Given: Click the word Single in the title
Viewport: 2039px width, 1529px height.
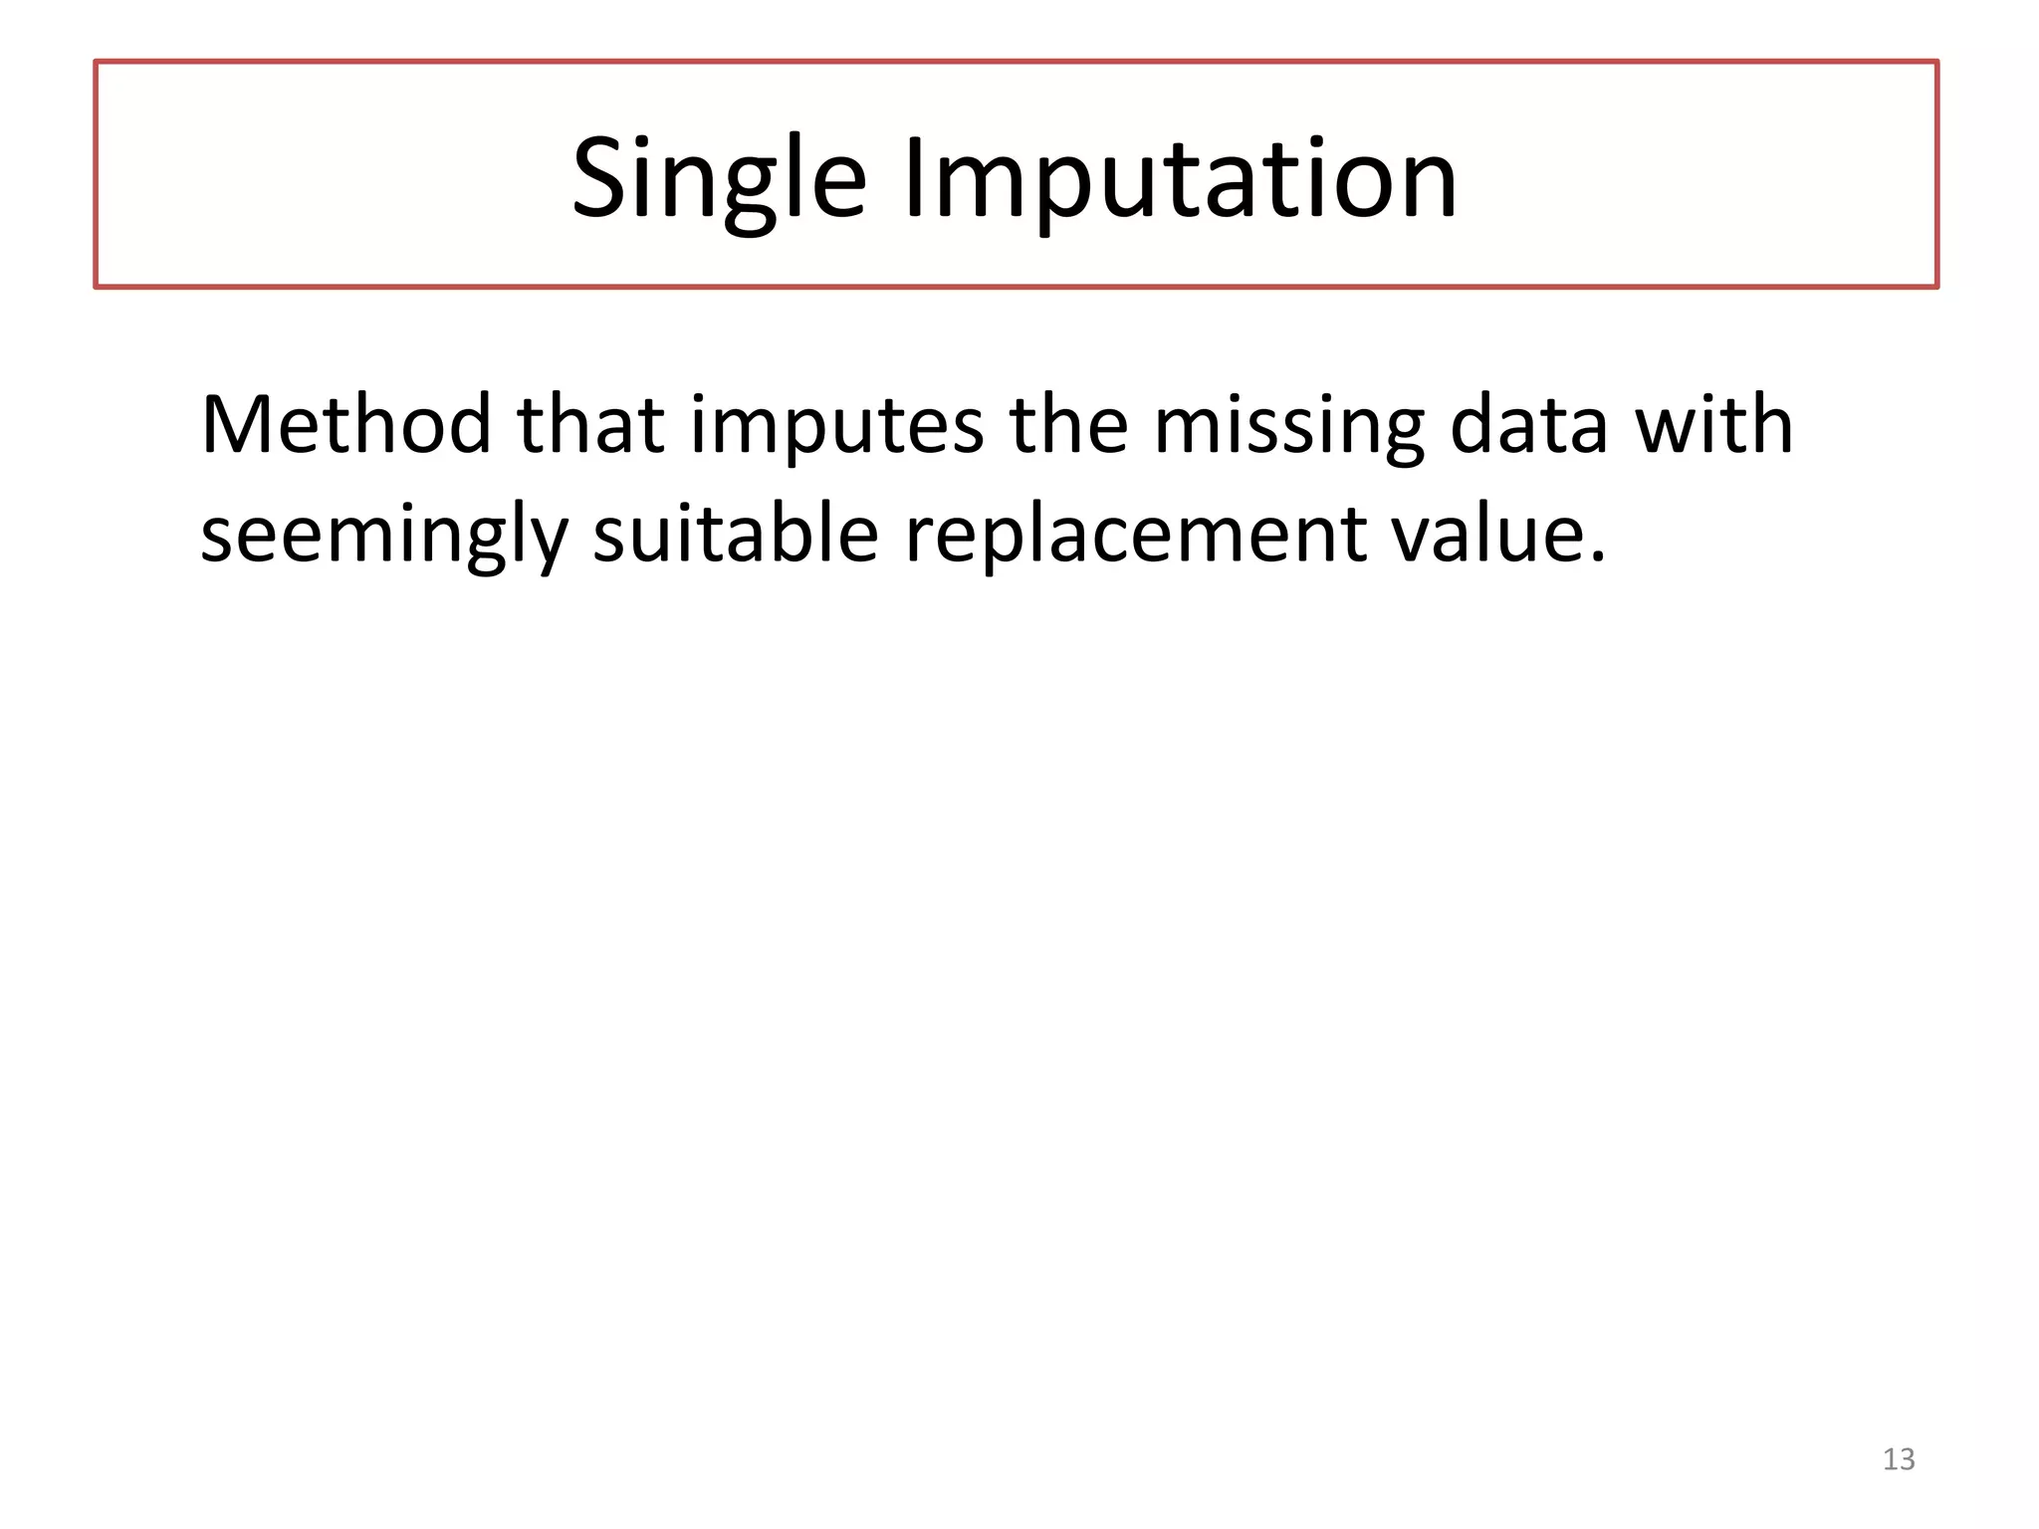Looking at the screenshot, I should pyautogui.click(x=719, y=180).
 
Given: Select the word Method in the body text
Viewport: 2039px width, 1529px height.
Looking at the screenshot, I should pyautogui.click(x=346, y=425).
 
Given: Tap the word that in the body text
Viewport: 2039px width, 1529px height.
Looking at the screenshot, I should pyautogui.click(x=590, y=425).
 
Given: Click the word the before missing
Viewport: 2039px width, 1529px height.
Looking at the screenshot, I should pyautogui.click(x=1068, y=425).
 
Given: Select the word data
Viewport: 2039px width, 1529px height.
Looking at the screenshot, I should pyautogui.click(x=1529, y=425).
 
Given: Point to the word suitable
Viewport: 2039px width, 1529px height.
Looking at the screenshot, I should pyautogui.click(x=736, y=535).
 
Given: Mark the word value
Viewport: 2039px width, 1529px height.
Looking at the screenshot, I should pyautogui.click(x=1487, y=535).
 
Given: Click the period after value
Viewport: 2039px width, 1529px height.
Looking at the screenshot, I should pyautogui.click(x=1597, y=556).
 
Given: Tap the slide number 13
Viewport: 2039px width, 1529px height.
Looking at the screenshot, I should pyautogui.click(x=1899, y=1459).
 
